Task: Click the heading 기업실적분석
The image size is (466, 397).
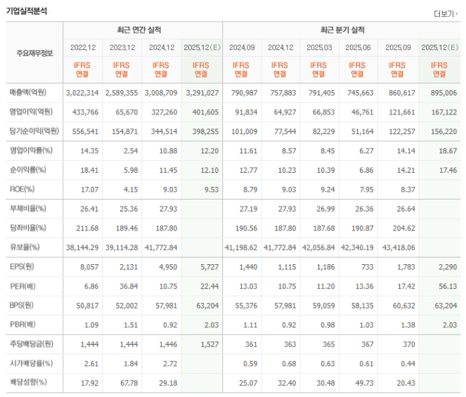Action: tap(27, 11)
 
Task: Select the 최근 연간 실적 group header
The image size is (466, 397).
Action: tap(143, 30)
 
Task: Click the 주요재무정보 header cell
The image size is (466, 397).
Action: tap(34, 53)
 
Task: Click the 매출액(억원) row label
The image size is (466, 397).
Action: tap(34, 93)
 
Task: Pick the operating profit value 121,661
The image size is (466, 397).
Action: tap(400, 112)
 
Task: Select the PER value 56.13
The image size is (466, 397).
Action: tap(440, 285)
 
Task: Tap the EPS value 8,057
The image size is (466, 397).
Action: tap(85, 266)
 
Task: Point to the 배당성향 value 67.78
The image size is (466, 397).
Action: tap(124, 382)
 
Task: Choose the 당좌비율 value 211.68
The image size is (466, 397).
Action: tap(85, 228)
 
